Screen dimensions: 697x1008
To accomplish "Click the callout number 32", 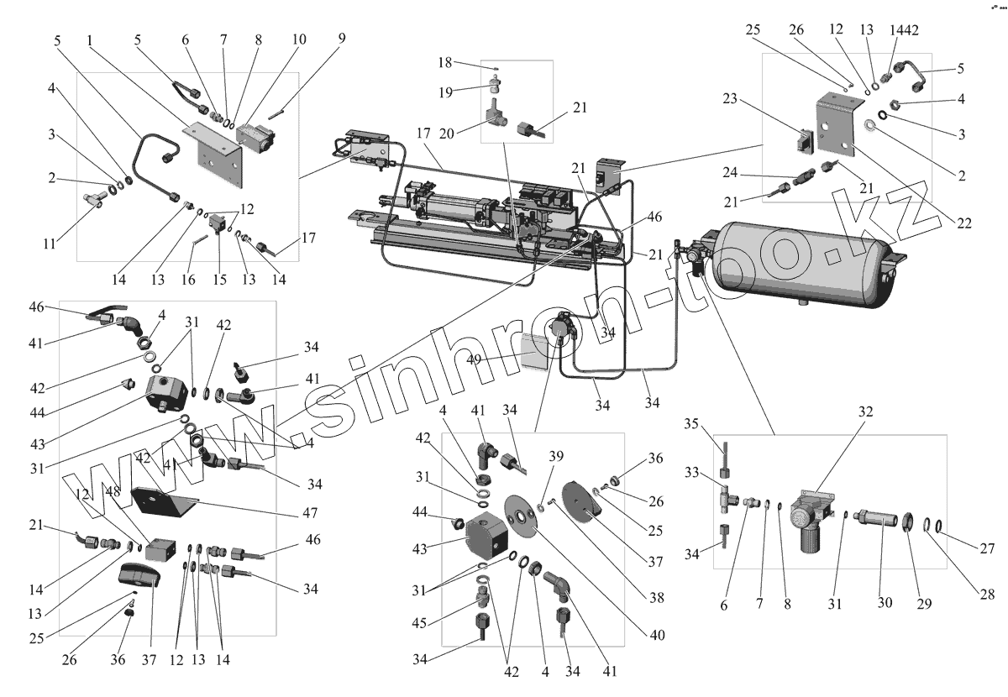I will [865, 412].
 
